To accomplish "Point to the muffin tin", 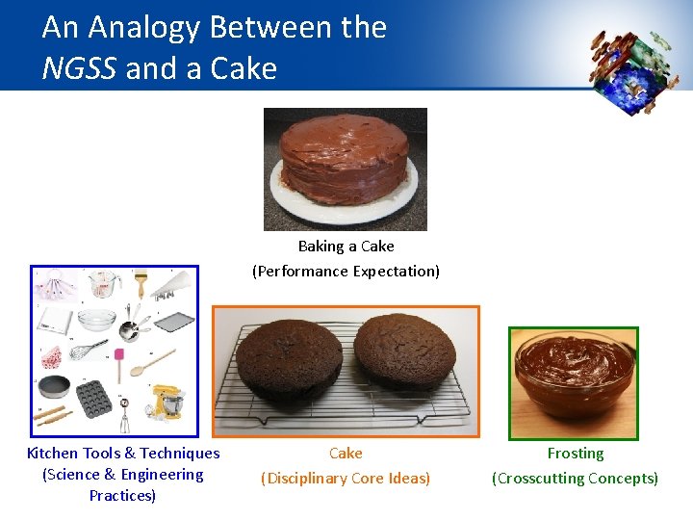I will [x=94, y=397].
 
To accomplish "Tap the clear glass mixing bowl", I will [x=96, y=318].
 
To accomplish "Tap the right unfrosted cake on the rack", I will [x=405, y=353].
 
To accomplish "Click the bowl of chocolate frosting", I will [x=574, y=373].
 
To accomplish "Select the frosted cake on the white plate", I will [x=345, y=164].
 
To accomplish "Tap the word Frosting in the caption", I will [x=576, y=454].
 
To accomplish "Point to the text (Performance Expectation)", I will [x=346, y=272].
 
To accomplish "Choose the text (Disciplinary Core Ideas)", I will [x=346, y=478].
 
